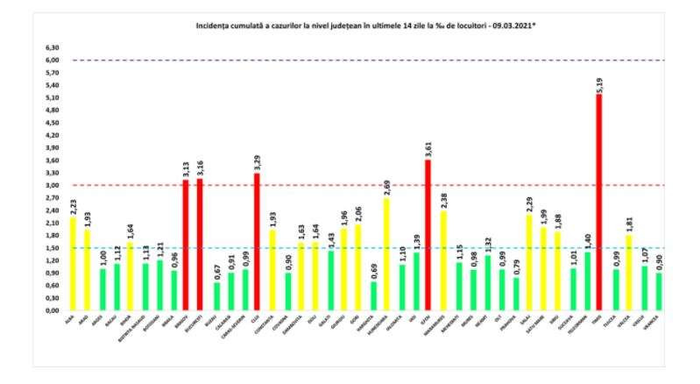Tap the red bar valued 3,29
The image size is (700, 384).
click(257, 241)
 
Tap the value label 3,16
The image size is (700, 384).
click(201, 167)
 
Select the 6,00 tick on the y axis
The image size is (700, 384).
click(53, 60)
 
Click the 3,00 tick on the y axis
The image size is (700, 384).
click(53, 185)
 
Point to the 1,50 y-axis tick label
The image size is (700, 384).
click(53, 248)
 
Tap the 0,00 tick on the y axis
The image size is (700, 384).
click(53, 310)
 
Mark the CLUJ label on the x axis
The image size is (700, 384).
click(255, 320)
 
